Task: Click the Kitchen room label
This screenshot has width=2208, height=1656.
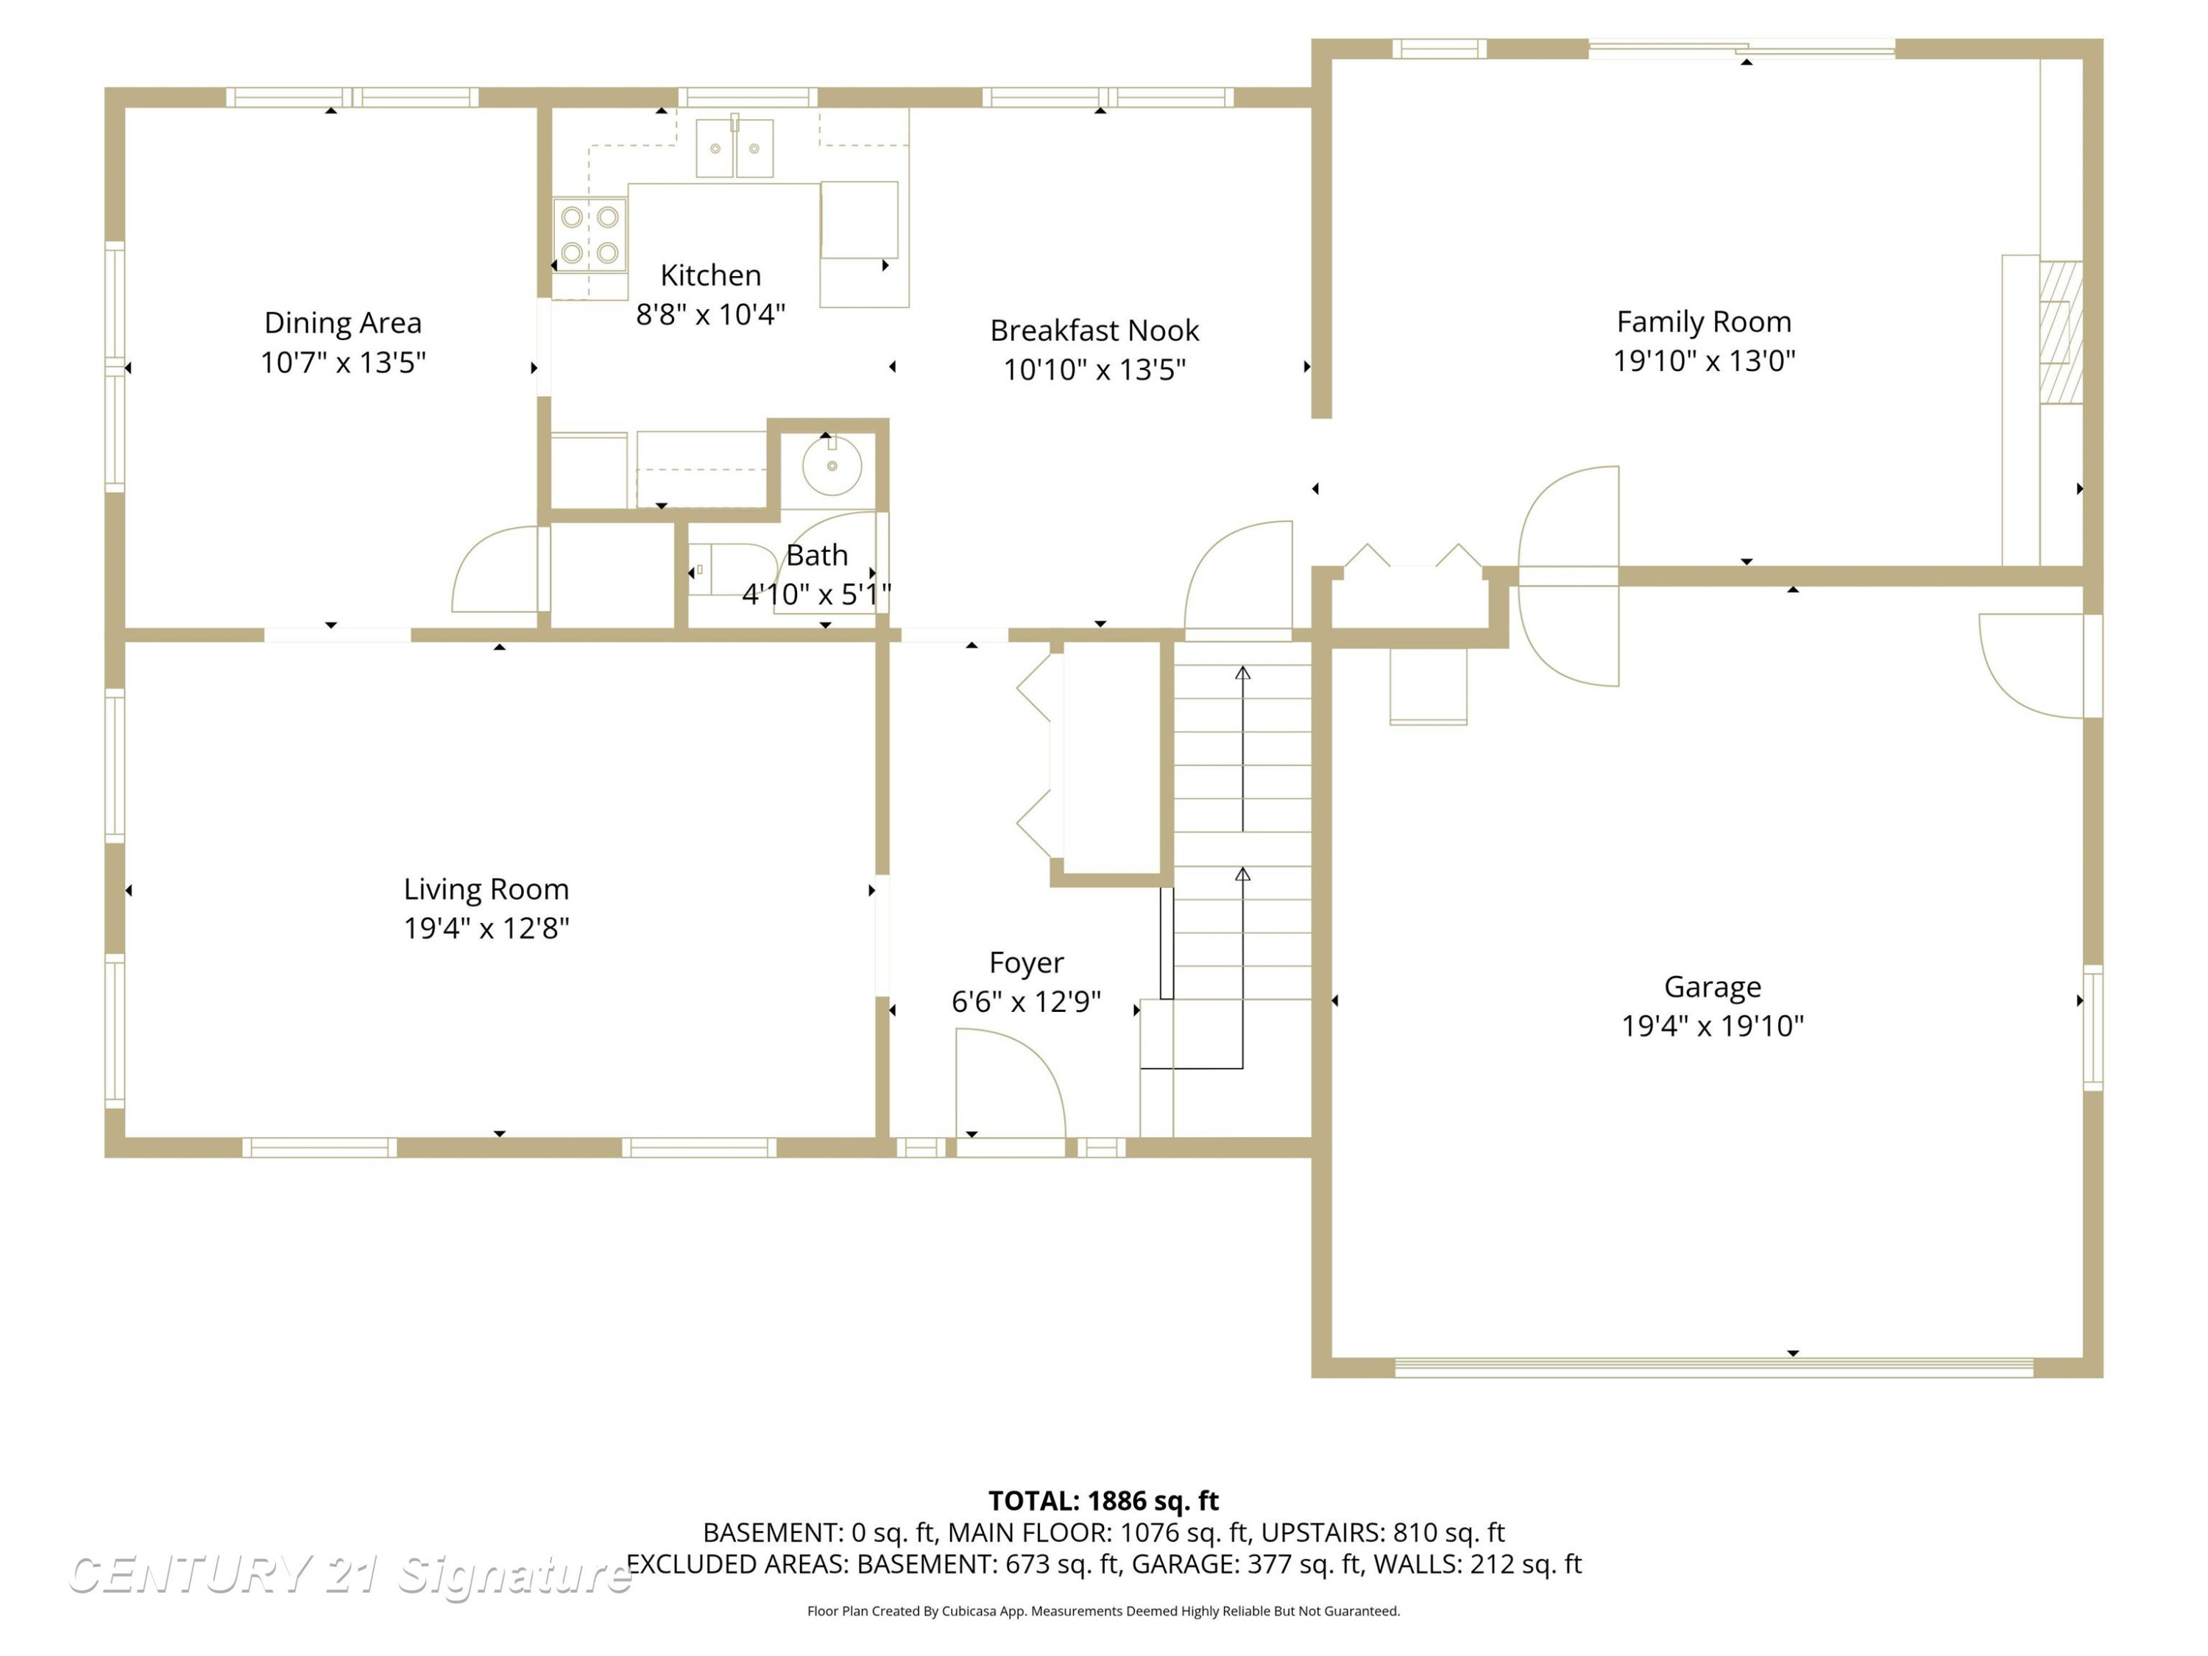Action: (x=711, y=275)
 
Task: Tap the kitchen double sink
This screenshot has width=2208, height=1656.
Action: (x=735, y=148)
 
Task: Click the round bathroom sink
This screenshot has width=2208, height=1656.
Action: (x=832, y=465)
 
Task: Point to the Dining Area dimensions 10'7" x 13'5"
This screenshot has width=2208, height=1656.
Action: (x=344, y=362)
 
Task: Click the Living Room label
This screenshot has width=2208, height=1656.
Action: (x=486, y=888)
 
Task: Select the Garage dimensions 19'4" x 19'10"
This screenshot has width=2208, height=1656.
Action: (x=1713, y=1025)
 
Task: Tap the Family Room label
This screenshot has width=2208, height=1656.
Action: (x=1704, y=322)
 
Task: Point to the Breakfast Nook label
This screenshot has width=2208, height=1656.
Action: (x=1095, y=330)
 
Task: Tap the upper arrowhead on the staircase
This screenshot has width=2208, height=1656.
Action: (x=1243, y=673)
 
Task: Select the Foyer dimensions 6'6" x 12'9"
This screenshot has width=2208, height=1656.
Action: (x=1026, y=1001)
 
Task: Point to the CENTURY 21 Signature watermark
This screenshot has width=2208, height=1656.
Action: (x=350, y=1574)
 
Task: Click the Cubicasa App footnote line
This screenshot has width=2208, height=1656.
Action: (x=1103, y=1611)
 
